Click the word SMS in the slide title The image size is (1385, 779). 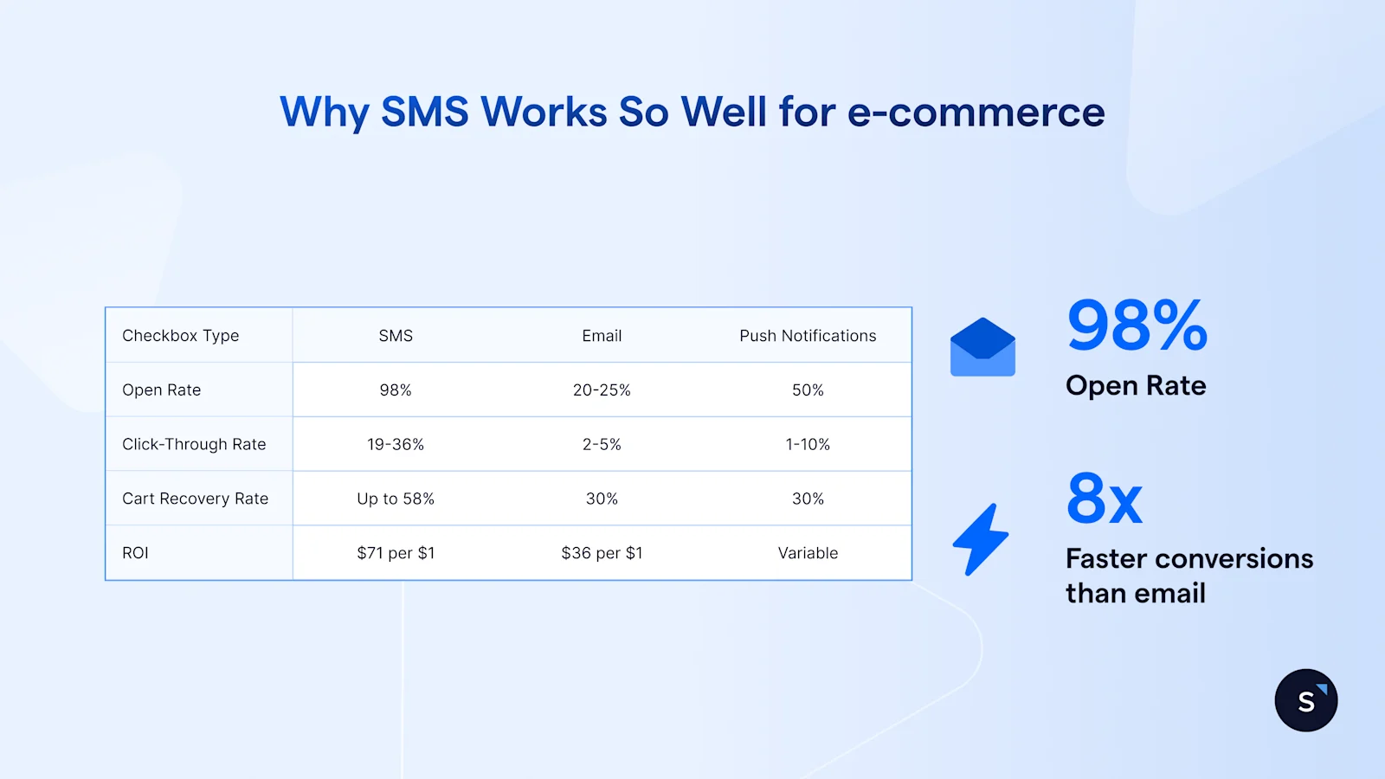424,113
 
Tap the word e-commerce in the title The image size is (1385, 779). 976,113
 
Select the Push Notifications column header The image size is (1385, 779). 808,336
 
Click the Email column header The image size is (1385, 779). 602,336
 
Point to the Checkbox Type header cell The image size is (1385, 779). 180,336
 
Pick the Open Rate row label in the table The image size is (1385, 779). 161,390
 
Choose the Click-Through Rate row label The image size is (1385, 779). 194,445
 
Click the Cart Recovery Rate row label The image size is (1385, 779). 195,499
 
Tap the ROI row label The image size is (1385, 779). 135,553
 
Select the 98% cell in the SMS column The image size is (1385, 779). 396,390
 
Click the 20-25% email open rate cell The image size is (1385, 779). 602,390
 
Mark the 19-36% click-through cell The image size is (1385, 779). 396,445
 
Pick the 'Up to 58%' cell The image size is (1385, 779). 396,499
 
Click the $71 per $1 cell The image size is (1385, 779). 396,553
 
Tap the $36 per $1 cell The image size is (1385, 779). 602,553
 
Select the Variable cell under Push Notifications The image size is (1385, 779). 808,553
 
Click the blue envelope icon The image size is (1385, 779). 982,348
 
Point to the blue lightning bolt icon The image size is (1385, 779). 981,539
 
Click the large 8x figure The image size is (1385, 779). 1105,499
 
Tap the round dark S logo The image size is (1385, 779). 1305,700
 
